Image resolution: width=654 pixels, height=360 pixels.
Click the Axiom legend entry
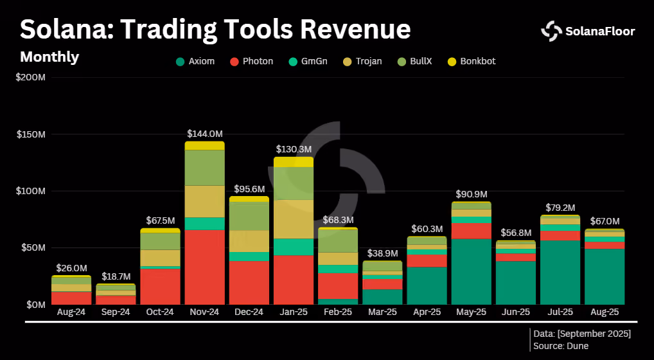coord(195,61)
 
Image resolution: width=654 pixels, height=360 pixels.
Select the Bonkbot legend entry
coord(472,61)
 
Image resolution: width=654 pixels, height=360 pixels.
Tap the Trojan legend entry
coord(362,61)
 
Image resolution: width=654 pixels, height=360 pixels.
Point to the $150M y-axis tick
coord(31,135)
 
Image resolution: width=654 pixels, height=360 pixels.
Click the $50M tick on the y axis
coord(33,248)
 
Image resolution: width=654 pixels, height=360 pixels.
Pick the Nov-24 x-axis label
coord(204,312)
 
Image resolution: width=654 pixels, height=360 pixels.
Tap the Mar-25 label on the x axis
coord(382,312)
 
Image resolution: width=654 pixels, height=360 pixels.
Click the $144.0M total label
coord(204,134)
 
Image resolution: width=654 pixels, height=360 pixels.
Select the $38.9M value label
coord(382,254)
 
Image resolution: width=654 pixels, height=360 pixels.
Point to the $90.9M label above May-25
coord(472,194)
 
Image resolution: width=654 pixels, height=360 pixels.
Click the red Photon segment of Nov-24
coord(204,267)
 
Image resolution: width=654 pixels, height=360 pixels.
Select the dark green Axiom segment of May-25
coord(472,271)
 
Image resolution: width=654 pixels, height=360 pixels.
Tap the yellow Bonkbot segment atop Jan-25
coord(294,162)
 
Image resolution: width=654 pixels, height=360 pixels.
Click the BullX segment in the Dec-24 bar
coord(249,216)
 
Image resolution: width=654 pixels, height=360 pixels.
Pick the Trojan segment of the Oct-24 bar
coord(160,258)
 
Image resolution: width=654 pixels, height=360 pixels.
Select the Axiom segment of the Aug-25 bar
coord(605,276)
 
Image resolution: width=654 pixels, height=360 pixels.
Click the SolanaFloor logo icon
coord(551,32)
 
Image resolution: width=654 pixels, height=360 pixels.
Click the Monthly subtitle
coord(49,57)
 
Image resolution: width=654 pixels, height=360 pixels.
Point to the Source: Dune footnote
coord(561,346)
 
